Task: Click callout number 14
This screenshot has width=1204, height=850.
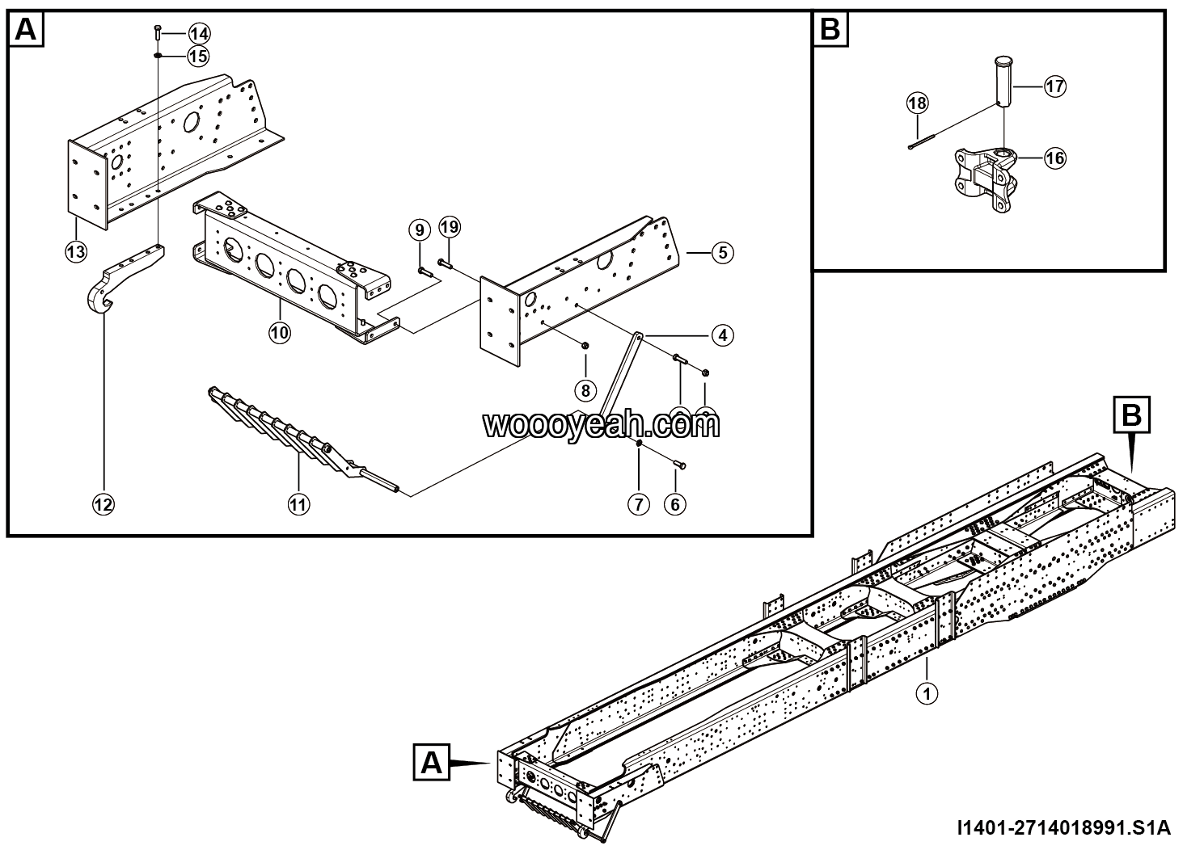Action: pos(199,33)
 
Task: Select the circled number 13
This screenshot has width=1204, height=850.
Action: pos(76,251)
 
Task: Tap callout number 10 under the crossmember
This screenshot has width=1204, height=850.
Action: pos(280,332)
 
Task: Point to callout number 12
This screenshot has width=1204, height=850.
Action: pos(103,504)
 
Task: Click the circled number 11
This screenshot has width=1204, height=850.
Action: pos(298,504)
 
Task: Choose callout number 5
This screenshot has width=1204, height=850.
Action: pos(722,252)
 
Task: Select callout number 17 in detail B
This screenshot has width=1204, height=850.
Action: pos(1054,86)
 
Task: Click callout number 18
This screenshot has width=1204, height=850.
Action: pos(918,103)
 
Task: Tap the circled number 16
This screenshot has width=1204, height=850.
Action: pos(1054,158)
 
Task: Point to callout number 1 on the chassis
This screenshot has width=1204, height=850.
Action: pos(927,692)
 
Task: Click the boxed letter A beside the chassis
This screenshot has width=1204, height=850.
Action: pos(433,762)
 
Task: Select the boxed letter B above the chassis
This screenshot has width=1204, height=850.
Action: pos(1130,415)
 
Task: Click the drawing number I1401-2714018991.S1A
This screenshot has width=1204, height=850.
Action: pos(1062,827)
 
